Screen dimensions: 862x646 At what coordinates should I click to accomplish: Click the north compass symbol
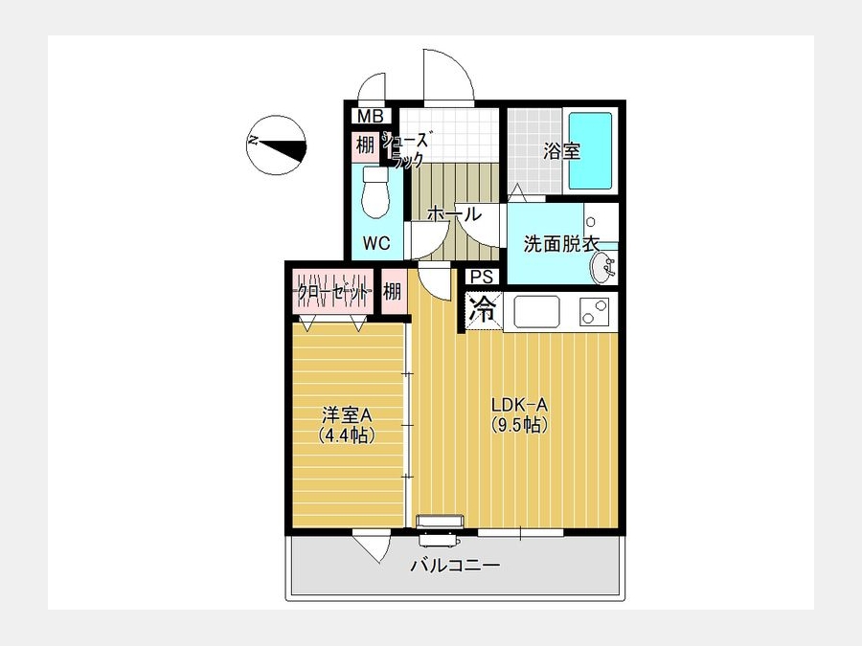[276, 145]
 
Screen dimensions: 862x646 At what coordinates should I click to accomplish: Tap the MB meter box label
[370, 117]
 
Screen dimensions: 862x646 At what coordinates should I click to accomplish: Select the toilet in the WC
[376, 192]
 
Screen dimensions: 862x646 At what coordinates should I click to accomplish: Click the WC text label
[376, 243]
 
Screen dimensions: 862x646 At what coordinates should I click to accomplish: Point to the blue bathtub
[590, 150]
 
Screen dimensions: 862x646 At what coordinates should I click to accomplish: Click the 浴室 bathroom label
[562, 150]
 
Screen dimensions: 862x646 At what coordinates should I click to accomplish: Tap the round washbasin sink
[603, 268]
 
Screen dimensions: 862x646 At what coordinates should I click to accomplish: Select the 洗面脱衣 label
[560, 243]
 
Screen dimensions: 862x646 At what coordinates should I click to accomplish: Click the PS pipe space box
[482, 277]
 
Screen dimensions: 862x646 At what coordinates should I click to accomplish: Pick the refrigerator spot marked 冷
[484, 311]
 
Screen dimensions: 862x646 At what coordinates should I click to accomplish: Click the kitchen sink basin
[536, 312]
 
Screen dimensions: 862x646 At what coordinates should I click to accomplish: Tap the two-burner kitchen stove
[594, 312]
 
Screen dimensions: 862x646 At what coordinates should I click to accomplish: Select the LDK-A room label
[519, 406]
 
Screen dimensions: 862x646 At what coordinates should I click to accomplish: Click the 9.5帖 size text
[519, 425]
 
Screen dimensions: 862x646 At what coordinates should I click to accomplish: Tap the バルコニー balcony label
[456, 565]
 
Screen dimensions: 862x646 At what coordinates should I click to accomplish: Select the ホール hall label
[454, 213]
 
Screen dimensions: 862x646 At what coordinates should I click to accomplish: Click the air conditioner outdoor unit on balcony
[440, 540]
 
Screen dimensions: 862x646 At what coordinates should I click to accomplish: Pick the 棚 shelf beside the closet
[392, 291]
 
